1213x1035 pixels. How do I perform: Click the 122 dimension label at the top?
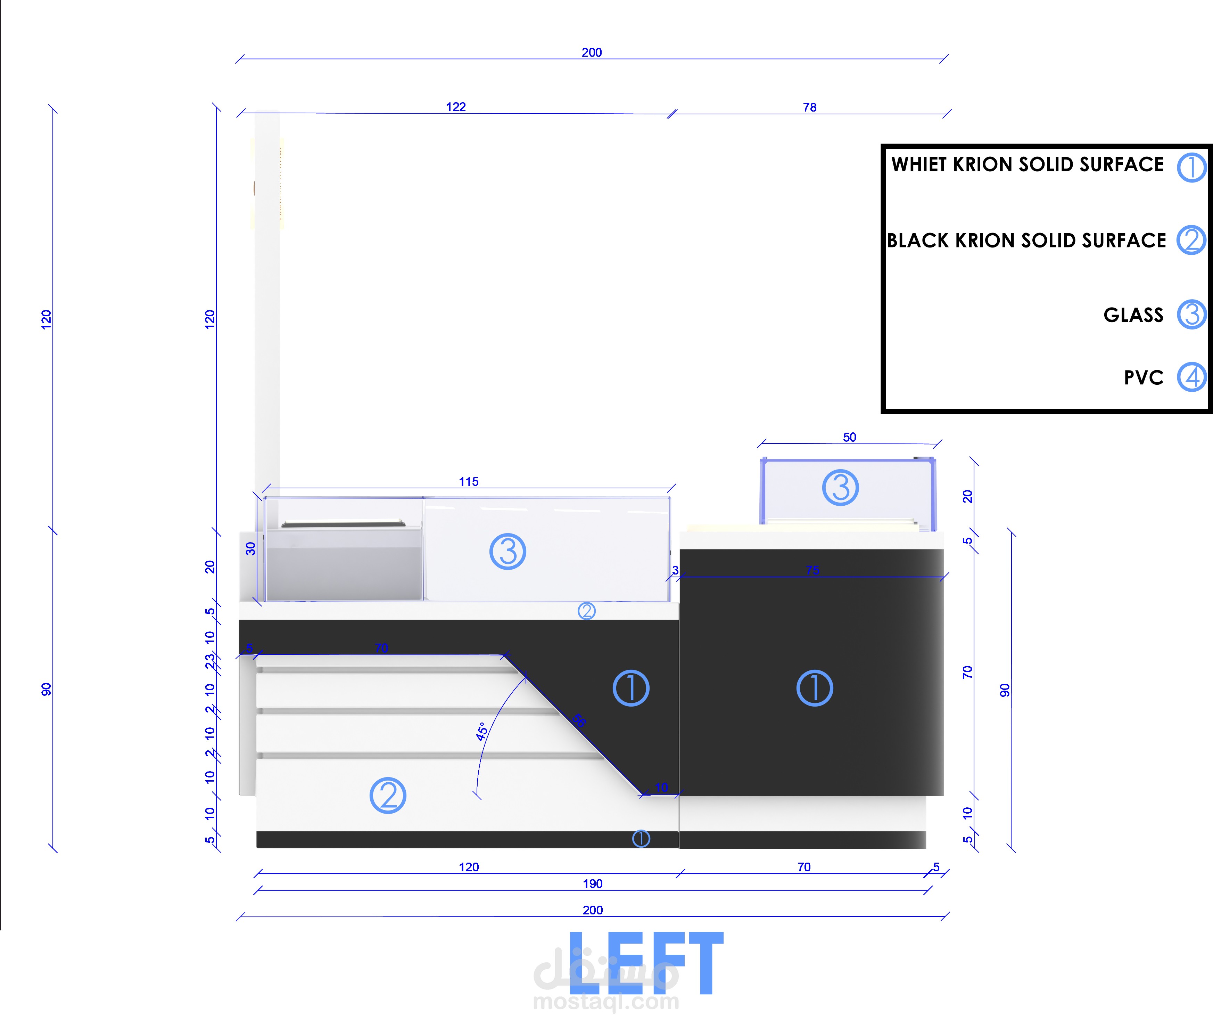[455, 107]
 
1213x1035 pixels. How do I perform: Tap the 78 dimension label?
[810, 107]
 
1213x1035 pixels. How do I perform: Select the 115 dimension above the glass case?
[468, 481]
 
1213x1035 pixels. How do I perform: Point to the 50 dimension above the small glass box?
[849, 437]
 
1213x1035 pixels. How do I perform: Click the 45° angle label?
[481, 732]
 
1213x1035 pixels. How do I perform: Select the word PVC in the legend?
[1143, 378]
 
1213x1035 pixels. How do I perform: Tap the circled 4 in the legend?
[1192, 377]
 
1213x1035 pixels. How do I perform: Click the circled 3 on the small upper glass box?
[840, 487]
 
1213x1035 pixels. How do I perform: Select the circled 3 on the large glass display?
[508, 551]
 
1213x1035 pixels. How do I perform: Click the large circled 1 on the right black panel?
[814, 688]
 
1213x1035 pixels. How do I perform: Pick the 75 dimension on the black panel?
[812, 570]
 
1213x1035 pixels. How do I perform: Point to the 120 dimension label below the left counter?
[468, 867]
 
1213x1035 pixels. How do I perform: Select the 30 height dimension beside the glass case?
[250, 549]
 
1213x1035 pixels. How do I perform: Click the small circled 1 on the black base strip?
[641, 839]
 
